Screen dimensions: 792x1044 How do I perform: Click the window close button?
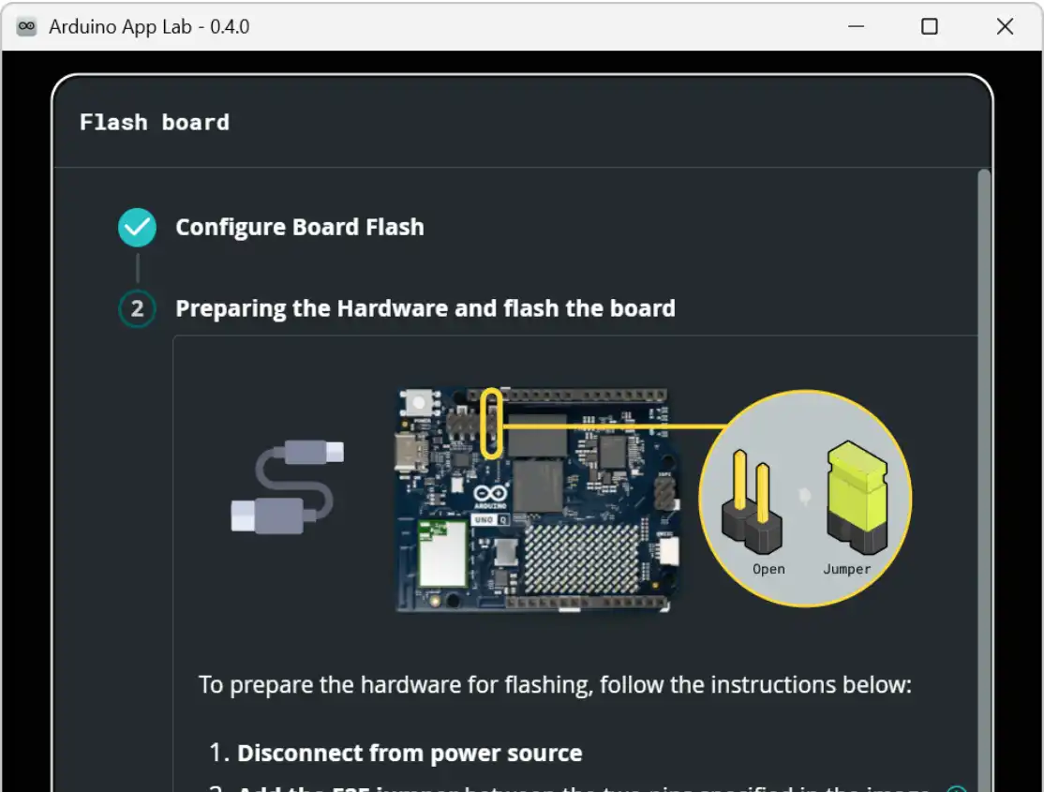[x=1005, y=26]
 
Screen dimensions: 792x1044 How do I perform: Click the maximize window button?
[x=930, y=26]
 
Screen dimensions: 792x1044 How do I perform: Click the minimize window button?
[x=856, y=26]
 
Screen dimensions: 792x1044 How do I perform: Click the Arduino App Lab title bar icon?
[x=27, y=26]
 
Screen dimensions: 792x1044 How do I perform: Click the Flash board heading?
[x=155, y=122]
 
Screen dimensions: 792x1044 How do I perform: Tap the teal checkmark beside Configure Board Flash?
[x=137, y=227]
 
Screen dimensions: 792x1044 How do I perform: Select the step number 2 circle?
[x=137, y=308]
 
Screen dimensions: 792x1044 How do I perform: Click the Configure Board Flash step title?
[x=300, y=227]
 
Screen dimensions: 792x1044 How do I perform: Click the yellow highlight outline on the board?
[x=492, y=424]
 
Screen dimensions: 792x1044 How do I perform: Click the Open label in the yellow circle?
[x=768, y=569]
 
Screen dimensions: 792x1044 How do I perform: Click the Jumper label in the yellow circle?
[x=847, y=569]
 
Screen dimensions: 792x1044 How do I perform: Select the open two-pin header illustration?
[x=752, y=506]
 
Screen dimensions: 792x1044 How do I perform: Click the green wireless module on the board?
[x=442, y=552]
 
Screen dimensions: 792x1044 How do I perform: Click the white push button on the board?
[x=418, y=403]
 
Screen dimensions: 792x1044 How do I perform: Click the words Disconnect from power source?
[x=410, y=754]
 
